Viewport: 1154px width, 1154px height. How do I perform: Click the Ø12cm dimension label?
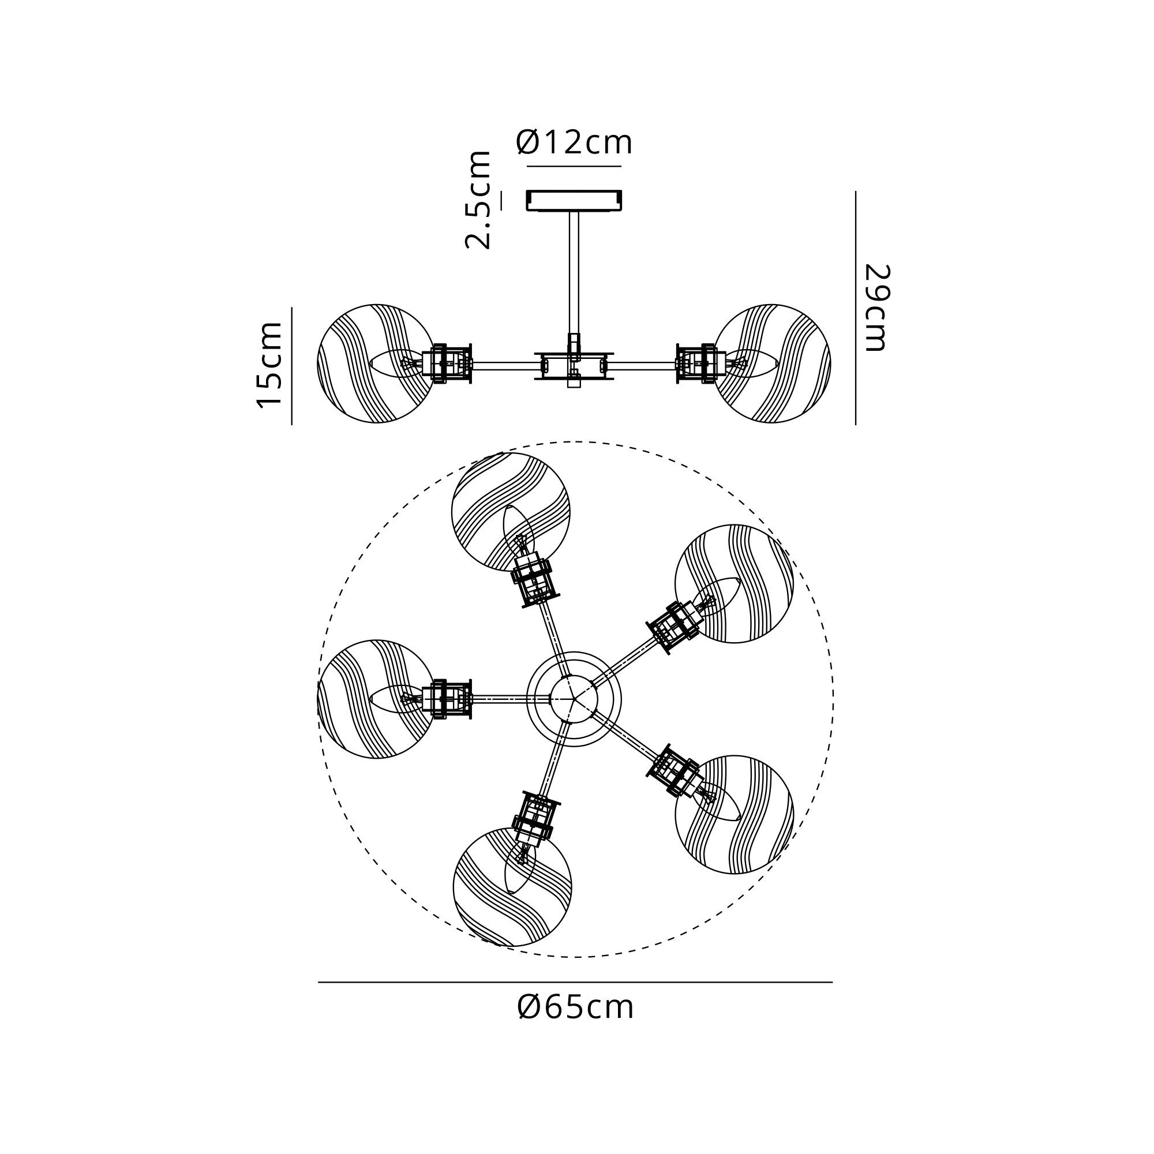click(574, 143)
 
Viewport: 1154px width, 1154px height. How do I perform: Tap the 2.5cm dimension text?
click(478, 200)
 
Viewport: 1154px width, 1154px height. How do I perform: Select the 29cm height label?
click(877, 307)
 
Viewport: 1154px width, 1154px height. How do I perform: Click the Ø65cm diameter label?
click(575, 1007)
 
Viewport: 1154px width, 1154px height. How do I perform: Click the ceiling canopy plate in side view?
click(574, 201)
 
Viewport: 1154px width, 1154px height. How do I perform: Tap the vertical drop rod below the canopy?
click(574, 272)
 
